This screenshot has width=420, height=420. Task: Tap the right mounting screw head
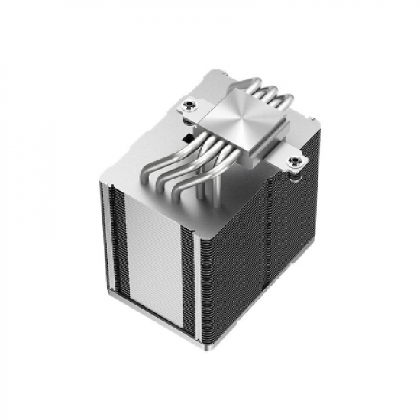pyautogui.click(x=295, y=161)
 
